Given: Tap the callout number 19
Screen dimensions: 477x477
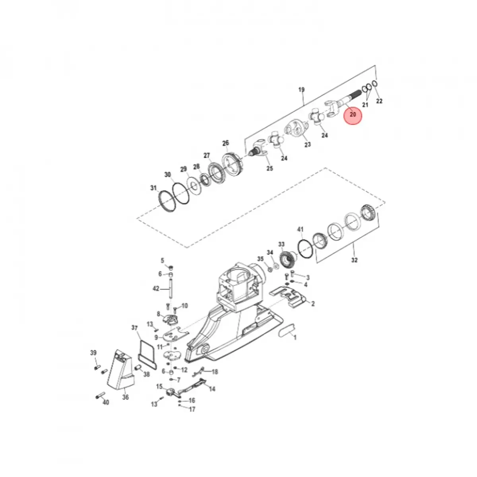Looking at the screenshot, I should click(301, 90).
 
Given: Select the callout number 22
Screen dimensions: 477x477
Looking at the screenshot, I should click(379, 101).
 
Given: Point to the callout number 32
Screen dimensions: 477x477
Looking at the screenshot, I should click(354, 260).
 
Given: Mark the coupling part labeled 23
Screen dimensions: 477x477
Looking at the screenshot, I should click(296, 131).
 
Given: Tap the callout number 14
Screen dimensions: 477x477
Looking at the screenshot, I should click(212, 389).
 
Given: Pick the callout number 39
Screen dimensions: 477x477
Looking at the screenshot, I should click(93, 353).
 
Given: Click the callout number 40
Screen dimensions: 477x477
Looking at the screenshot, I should click(105, 402).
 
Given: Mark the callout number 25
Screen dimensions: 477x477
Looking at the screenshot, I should click(270, 169).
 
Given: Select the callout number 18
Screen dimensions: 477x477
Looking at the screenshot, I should click(215, 372).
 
